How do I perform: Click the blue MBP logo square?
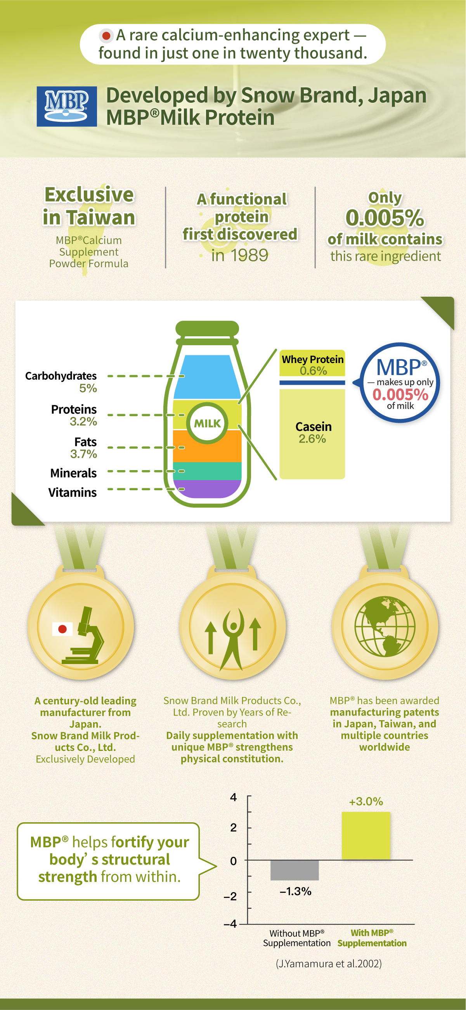coord(67,106)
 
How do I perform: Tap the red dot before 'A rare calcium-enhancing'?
coord(106,36)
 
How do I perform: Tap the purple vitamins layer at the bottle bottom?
coord(207,489)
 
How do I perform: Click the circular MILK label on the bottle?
coord(207,423)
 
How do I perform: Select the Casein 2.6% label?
coord(313,432)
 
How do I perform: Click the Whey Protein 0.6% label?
coord(313,365)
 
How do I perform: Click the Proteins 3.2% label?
coord(74,415)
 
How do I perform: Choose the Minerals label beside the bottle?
coord(73,473)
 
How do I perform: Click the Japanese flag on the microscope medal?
coord(62,629)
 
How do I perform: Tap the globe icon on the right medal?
coord(385,626)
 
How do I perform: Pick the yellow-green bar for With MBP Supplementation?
coord(366,836)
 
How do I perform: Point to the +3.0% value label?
coord(366,801)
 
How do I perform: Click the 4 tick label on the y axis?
coord(234,797)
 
